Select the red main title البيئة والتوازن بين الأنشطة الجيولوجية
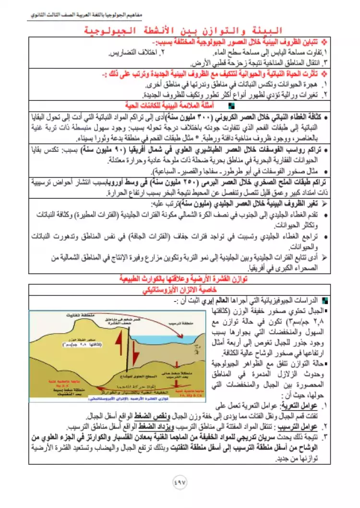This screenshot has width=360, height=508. [180, 32]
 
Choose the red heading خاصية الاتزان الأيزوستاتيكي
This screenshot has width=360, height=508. [180, 290]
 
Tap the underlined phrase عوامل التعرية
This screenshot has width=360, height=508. [310, 405]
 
